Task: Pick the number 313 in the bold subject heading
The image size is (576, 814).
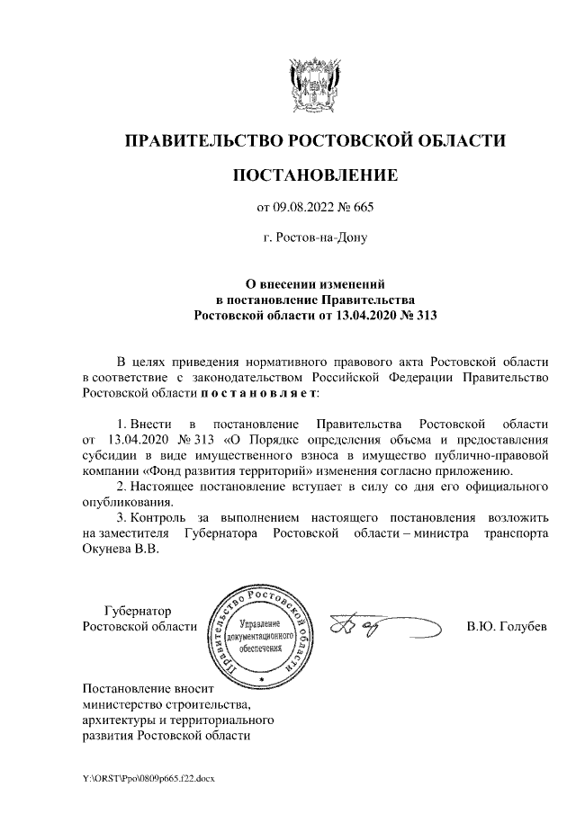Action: pyautogui.click(x=421, y=315)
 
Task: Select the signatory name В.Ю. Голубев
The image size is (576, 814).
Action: pyautogui.click(x=506, y=626)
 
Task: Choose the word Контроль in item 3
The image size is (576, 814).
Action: pyautogui.click(x=158, y=519)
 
